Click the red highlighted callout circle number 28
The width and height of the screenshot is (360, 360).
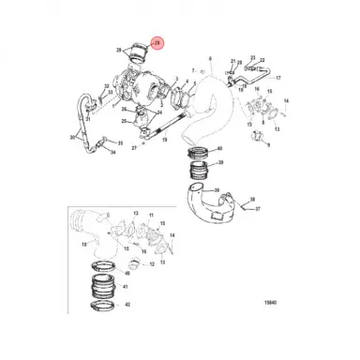157,42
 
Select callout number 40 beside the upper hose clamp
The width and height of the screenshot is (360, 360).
218,149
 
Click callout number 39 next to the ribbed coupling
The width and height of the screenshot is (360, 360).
219,170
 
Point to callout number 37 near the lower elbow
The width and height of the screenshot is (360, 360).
258,210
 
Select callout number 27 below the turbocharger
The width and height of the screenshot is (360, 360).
134,147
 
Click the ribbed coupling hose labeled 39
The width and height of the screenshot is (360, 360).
200,171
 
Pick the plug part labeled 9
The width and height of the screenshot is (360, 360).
253,138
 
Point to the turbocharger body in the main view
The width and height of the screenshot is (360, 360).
141,87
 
